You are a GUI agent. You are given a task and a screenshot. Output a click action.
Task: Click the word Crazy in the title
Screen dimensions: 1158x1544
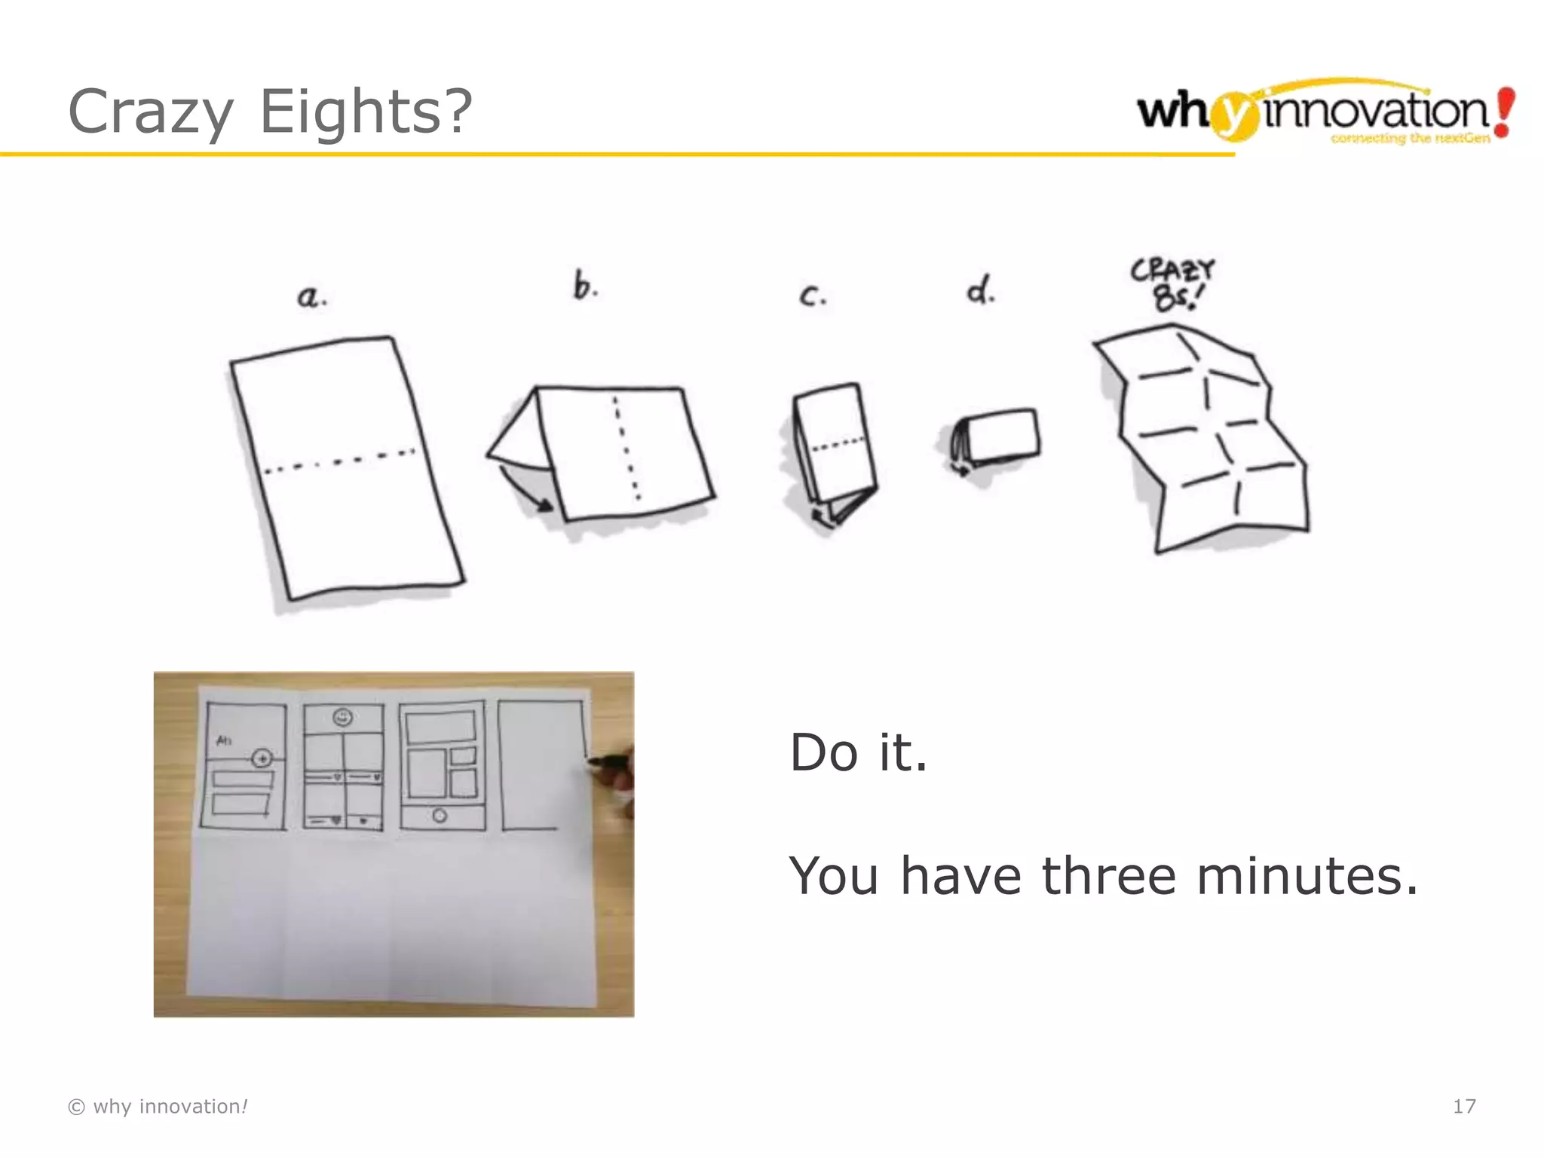point(151,112)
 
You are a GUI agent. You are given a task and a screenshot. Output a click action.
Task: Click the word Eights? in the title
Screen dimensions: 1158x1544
point(366,112)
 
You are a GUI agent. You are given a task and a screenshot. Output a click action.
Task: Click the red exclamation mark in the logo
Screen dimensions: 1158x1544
point(1504,112)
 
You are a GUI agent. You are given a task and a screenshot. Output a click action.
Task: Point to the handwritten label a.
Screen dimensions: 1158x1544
point(311,296)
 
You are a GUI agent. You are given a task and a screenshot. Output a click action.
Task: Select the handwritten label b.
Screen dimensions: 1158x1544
point(585,286)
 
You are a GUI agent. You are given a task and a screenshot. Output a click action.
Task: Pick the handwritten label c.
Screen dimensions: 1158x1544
point(812,296)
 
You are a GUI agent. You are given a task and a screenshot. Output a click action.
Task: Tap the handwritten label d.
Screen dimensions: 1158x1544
point(980,290)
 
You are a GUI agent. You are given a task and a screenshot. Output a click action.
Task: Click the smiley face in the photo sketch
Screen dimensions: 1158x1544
point(343,717)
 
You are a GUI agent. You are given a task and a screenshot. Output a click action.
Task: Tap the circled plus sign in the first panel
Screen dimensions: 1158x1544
point(262,758)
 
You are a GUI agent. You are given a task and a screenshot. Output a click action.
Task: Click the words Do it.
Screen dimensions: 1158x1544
point(858,752)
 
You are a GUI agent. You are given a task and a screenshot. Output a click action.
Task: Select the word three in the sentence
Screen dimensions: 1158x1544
point(1108,876)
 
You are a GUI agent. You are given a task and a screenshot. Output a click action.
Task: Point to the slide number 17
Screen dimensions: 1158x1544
point(1463,1106)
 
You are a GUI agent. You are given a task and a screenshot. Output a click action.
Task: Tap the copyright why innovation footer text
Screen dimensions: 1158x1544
point(158,1106)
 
